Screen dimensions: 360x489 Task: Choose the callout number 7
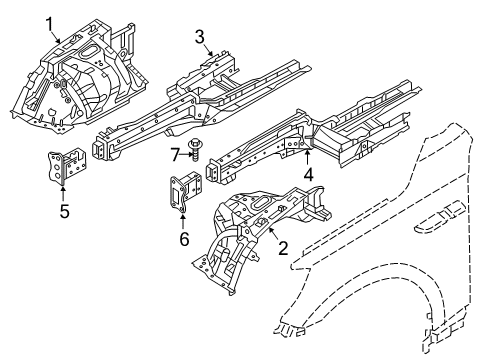[174, 153]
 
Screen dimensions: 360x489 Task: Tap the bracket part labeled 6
[183, 192]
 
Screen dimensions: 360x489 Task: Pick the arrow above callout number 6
[182, 222]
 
